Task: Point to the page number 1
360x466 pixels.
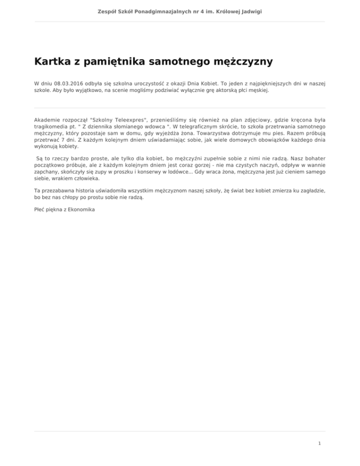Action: tap(319, 442)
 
